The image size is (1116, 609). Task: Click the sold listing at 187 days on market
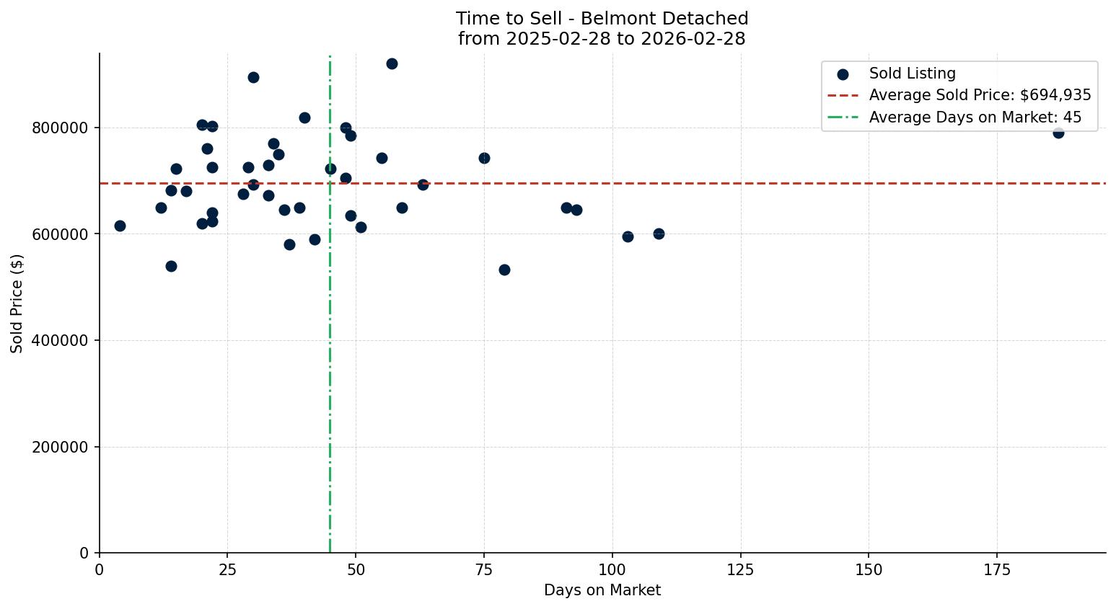1058,133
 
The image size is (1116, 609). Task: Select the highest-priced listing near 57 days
392,63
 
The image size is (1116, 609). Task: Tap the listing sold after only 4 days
120,226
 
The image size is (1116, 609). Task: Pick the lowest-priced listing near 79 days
504,270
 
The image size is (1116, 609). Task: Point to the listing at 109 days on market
659,234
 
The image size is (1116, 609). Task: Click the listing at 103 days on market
628,236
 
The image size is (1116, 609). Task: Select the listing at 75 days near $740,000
484,158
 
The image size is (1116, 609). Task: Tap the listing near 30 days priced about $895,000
253,77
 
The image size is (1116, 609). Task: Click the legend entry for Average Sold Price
980,95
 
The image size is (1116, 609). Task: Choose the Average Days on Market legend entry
975,117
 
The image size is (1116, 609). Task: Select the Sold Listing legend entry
912,74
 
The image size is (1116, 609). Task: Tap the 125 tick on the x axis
740,570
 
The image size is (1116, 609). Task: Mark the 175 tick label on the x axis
997,570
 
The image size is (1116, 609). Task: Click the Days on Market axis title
602,590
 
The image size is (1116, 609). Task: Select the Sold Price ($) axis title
17,303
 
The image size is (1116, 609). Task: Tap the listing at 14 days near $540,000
171,266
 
